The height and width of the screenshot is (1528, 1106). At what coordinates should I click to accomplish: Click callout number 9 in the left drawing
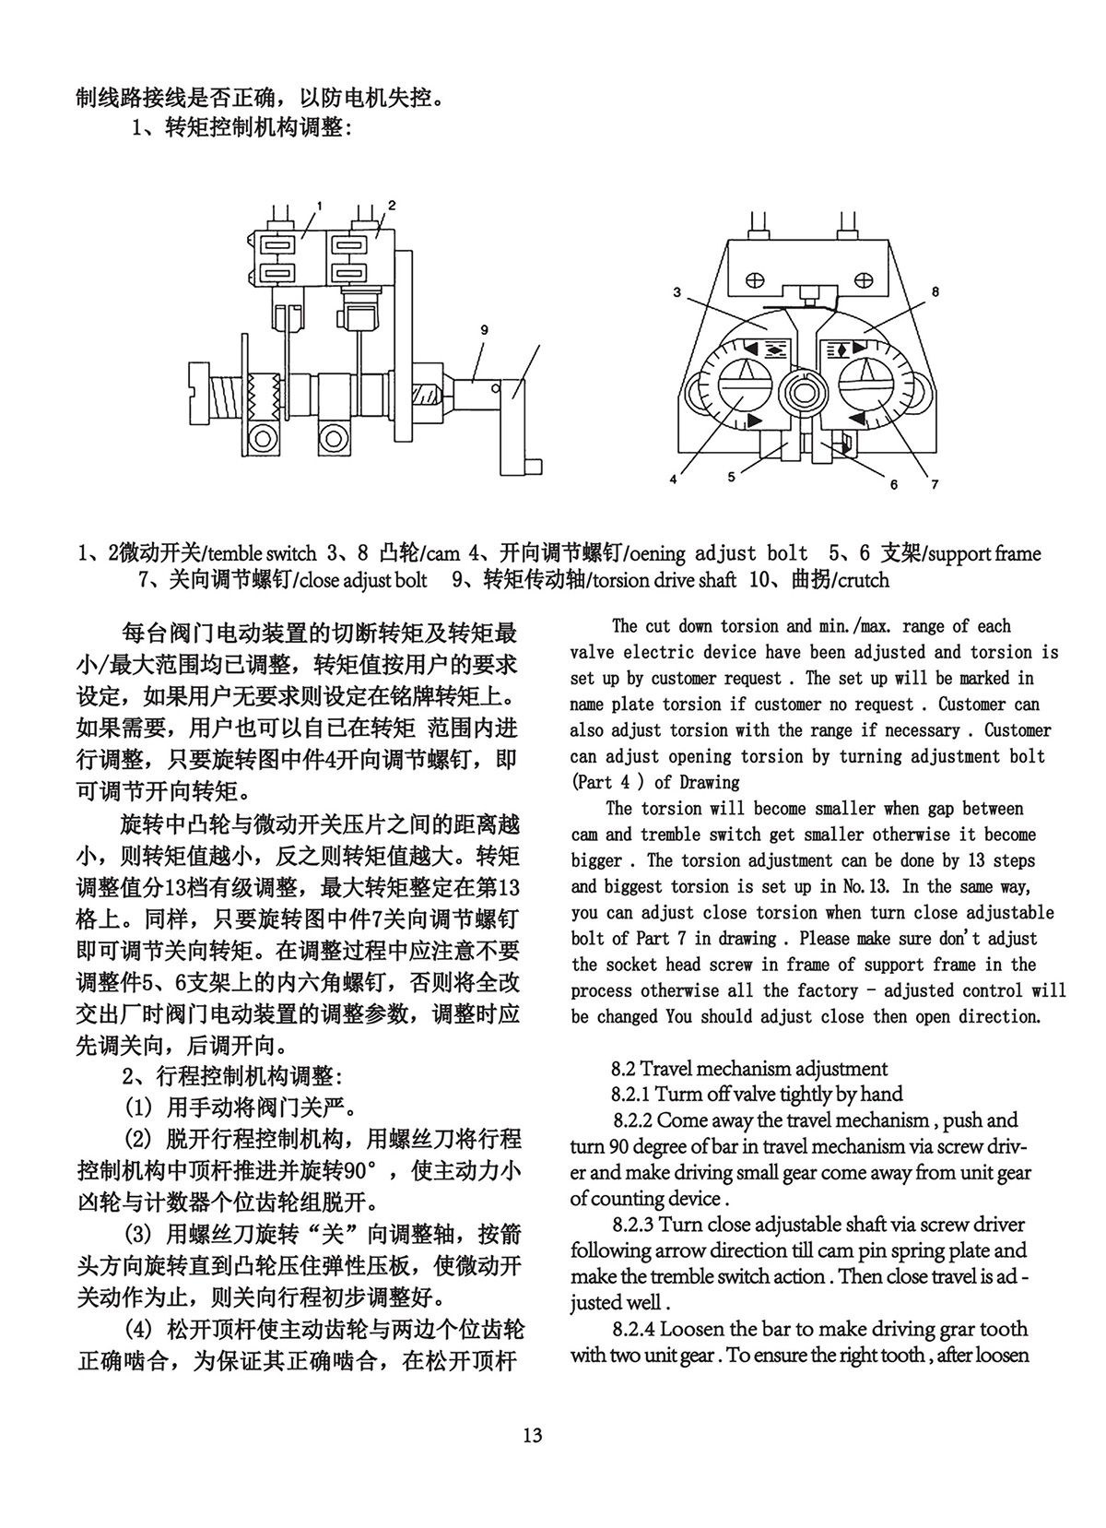[484, 329]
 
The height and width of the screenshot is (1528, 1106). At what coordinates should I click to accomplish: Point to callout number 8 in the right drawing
[935, 291]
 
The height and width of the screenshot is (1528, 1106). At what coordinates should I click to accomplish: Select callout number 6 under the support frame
[893, 484]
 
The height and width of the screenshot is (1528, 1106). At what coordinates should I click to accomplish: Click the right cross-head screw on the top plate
[863, 278]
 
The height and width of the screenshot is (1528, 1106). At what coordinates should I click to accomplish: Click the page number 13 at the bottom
[532, 1436]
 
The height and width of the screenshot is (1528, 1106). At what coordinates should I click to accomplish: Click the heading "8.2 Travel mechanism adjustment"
[748, 1069]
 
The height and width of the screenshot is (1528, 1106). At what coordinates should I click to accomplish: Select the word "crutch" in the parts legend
[860, 580]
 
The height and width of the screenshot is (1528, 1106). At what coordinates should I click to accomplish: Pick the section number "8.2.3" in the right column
[633, 1225]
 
